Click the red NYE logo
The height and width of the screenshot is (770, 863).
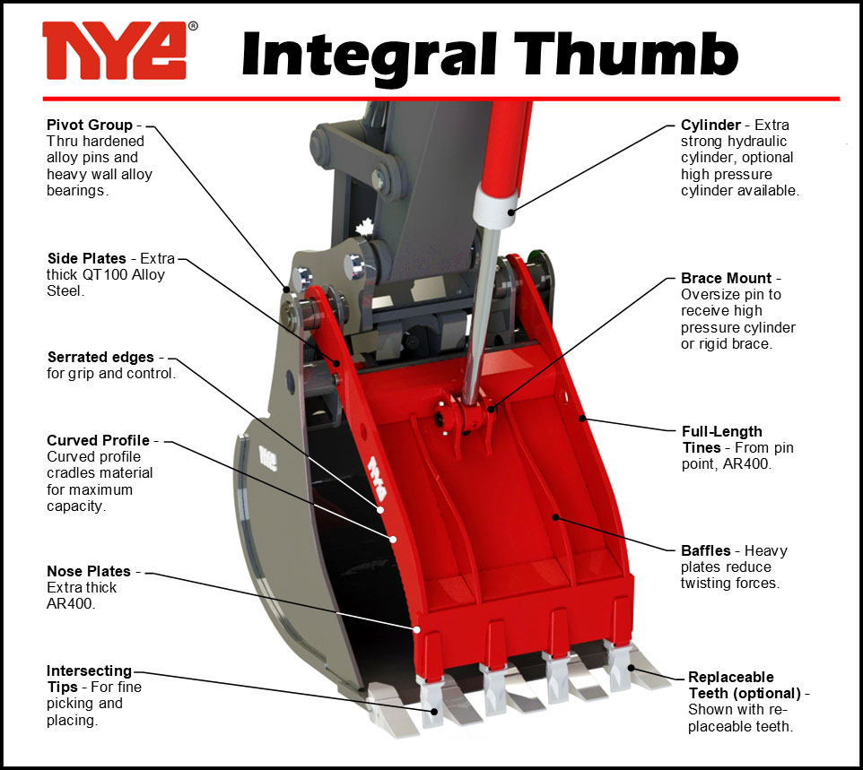[x=115, y=50]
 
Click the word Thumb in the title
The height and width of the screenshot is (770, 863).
[x=626, y=54]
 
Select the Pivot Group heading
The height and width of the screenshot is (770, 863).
[x=90, y=125]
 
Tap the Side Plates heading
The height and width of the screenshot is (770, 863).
[x=87, y=258]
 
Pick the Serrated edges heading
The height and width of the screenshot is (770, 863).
[x=100, y=357]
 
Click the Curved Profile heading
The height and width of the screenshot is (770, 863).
[x=98, y=440]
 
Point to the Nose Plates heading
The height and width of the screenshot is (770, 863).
[x=89, y=571]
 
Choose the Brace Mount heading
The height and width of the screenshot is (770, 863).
[x=726, y=278]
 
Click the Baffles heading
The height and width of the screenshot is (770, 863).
[x=706, y=550]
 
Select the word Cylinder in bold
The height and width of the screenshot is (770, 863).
[x=710, y=125]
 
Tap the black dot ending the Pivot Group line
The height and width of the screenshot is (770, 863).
[x=286, y=290]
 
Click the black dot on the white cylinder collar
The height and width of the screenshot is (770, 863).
[x=511, y=212]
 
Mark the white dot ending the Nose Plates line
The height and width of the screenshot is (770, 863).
[x=417, y=630]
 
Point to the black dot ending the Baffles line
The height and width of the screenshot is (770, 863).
[x=555, y=517]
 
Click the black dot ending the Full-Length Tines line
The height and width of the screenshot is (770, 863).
[x=581, y=419]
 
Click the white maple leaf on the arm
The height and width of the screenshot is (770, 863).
[x=364, y=227]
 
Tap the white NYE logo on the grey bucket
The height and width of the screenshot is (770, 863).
[x=268, y=458]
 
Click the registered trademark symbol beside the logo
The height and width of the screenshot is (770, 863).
[x=193, y=26]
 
